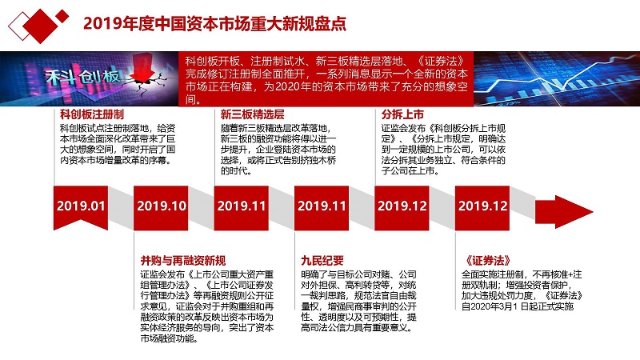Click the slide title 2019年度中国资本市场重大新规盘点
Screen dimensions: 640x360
click(x=214, y=24)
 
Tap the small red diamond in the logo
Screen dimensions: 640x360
click(x=62, y=16)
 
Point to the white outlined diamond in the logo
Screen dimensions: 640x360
click(x=19, y=26)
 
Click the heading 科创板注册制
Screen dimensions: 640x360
click(x=92, y=114)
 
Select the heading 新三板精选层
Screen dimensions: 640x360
click(x=252, y=114)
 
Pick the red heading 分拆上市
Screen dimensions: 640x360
click(x=402, y=114)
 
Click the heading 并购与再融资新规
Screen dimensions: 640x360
click(x=183, y=261)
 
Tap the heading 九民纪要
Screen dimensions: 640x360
click(x=322, y=261)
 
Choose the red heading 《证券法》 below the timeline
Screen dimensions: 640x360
click(x=488, y=261)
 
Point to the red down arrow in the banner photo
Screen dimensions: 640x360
click(x=142, y=70)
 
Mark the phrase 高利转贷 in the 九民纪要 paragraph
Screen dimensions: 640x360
click(x=362, y=285)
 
